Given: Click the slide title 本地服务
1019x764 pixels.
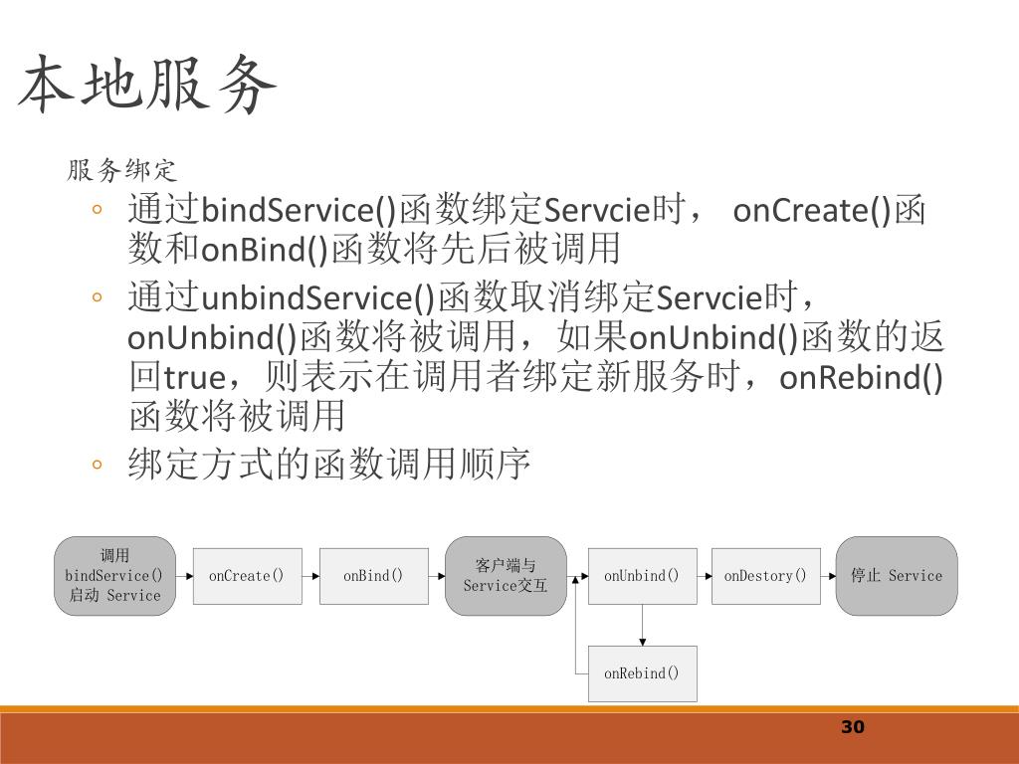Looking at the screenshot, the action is click(x=147, y=86).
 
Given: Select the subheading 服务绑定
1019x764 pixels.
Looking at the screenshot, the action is click(x=121, y=170).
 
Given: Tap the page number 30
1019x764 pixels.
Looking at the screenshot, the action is click(x=853, y=727).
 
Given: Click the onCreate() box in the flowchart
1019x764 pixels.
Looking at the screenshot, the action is click(x=246, y=576).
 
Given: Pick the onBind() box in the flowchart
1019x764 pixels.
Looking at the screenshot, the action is click(x=373, y=576).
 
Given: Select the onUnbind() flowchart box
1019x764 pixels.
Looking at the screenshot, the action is click(x=642, y=576).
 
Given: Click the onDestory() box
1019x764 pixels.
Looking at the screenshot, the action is click(x=765, y=576).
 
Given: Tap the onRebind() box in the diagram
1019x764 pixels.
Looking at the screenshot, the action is click(x=642, y=673).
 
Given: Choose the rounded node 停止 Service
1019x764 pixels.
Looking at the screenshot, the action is click(x=896, y=576).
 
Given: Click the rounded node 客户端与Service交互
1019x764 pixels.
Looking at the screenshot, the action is click(x=506, y=576).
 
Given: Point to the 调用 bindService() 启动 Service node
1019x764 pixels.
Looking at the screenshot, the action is click(x=113, y=576).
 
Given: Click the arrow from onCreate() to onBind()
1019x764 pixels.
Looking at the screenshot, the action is click(x=309, y=576).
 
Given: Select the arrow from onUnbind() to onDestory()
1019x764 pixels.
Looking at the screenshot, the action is click(x=705, y=576).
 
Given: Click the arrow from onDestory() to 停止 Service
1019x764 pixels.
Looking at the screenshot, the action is click(x=828, y=576).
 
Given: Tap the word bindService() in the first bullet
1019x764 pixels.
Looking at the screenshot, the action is click(x=299, y=211).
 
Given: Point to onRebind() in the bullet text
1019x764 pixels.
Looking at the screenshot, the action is click(x=861, y=379).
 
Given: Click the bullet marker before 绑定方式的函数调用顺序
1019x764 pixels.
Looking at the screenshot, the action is click(x=97, y=464).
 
